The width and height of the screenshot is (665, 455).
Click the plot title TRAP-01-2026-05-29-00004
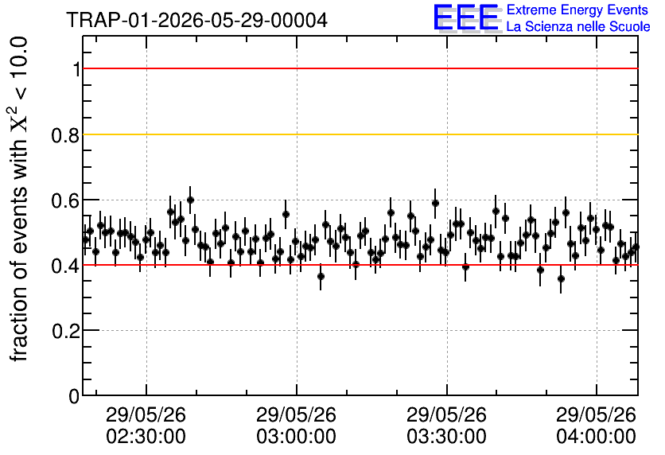[196, 20]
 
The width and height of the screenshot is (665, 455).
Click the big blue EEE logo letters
[466, 17]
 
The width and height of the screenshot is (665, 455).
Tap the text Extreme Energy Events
[577, 10]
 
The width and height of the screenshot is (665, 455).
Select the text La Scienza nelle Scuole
[578, 26]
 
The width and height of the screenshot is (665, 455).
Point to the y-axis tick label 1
[76, 68]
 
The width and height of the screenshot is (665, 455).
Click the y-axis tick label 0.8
[65, 135]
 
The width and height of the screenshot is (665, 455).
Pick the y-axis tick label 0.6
[65, 200]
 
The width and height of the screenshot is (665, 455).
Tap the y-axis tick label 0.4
[65, 266]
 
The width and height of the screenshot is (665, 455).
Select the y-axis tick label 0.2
[65, 331]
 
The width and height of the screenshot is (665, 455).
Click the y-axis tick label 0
[74, 396]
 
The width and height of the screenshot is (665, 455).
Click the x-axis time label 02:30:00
[146, 437]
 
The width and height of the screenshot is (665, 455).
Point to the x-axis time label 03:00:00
[296, 437]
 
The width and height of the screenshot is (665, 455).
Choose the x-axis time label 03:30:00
[446, 437]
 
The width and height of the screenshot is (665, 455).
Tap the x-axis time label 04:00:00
[597, 437]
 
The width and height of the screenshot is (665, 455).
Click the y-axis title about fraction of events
[17, 200]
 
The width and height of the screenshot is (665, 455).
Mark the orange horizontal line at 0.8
[360, 134]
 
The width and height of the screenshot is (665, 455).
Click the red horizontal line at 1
[360, 68]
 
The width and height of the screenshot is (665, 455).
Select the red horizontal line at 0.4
[360, 265]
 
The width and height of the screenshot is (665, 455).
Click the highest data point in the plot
[190, 200]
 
